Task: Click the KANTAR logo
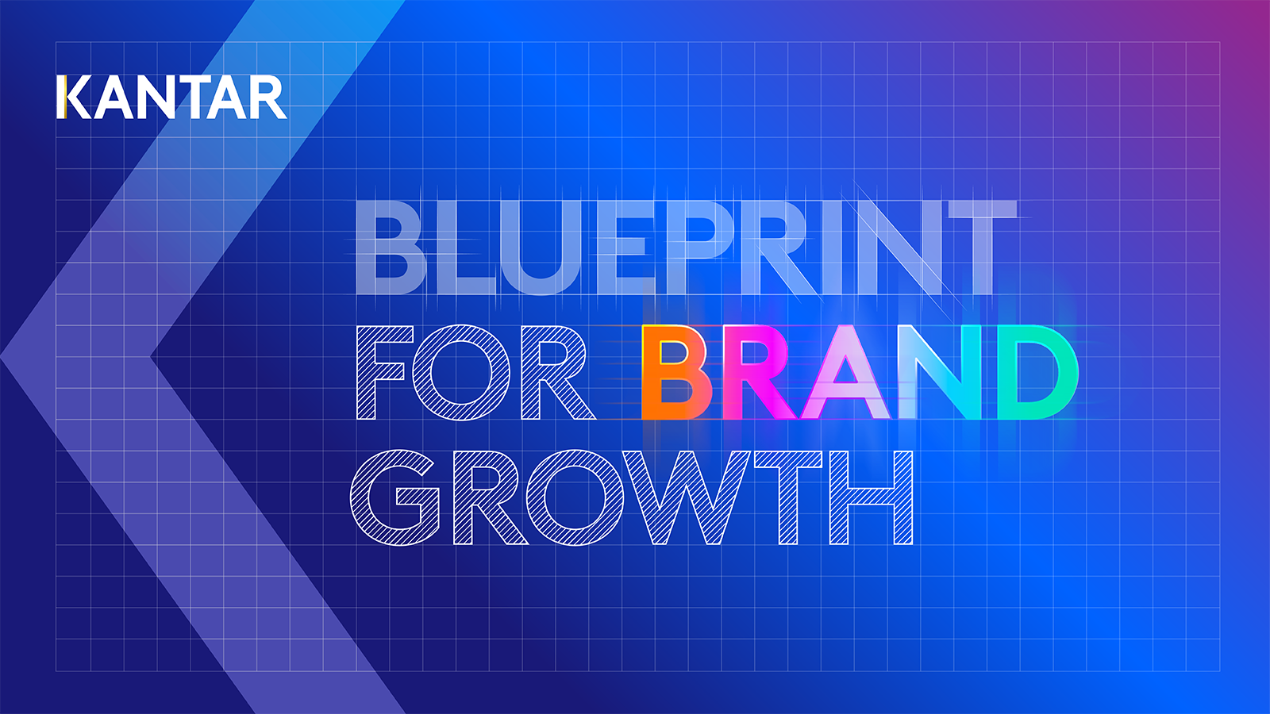(171, 97)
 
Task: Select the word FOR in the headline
(475, 373)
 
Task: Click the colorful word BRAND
(860, 372)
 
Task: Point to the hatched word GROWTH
(631, 497)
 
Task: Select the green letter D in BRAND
(1038, 372)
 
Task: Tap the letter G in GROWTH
(395, 497)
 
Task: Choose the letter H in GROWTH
(871, 498)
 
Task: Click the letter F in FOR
(380, 373)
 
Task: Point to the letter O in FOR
(461, 373)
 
